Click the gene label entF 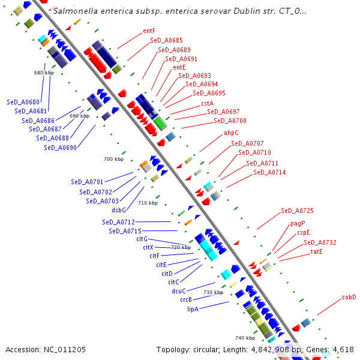point(149,31)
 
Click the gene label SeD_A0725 point(297,211)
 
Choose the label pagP point(298,223)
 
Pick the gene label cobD point(349,296)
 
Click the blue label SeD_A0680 point(23,102)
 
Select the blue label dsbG point(119,210)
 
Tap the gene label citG point(142,239)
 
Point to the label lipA point(193,309)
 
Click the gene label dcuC point(179,291)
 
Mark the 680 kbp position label point(44,73)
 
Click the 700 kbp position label point(114,159)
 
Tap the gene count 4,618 point(343,349)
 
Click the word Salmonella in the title point(76,11)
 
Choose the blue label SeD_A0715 point(125,231)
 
